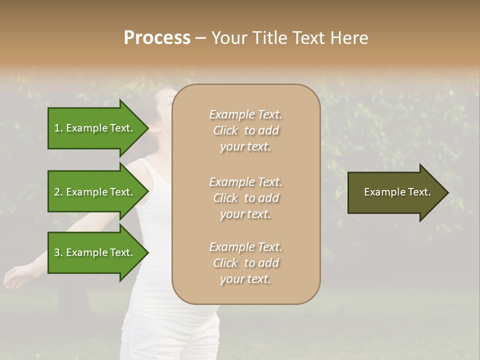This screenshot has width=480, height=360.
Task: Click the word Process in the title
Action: coord(157,38)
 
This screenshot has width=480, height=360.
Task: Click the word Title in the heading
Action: coord(269,38)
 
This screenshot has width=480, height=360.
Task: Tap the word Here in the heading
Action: coord(349,38)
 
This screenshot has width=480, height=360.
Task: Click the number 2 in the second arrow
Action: coord(57,192)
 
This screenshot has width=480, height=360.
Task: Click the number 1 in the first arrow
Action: coord(57,128)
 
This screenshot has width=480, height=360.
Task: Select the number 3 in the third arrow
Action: coord(57,252)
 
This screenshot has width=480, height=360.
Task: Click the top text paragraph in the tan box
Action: coord(245,130)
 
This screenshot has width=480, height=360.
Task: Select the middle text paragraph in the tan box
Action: coord(245,198)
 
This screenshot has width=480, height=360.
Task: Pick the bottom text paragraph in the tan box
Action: coord(245,263)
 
